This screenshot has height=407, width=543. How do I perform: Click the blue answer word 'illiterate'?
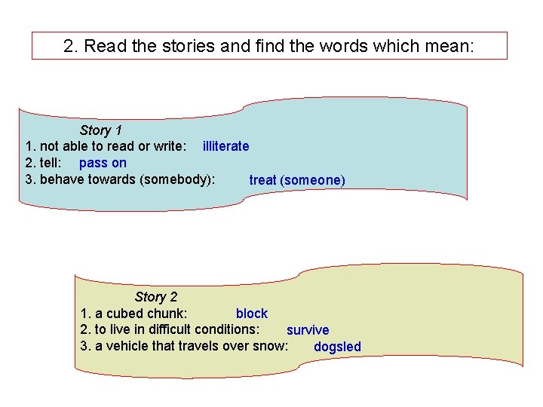pos(225,146)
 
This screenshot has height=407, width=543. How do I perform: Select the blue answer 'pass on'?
pos(103,163)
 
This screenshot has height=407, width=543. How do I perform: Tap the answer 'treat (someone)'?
pos(297,180)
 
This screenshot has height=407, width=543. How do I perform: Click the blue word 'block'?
pos(252,314)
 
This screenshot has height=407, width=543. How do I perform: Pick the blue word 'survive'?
pos(308,330)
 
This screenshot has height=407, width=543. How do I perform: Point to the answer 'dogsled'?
pos(337,347)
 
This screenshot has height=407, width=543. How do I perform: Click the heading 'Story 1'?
pos(101,130)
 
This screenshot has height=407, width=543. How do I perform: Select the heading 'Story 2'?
pos(156,297)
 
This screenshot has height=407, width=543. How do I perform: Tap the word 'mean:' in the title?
pos(449,46)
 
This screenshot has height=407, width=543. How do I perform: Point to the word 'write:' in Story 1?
pos(167,146)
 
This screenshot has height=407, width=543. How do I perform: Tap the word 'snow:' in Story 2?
pos(271,346)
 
